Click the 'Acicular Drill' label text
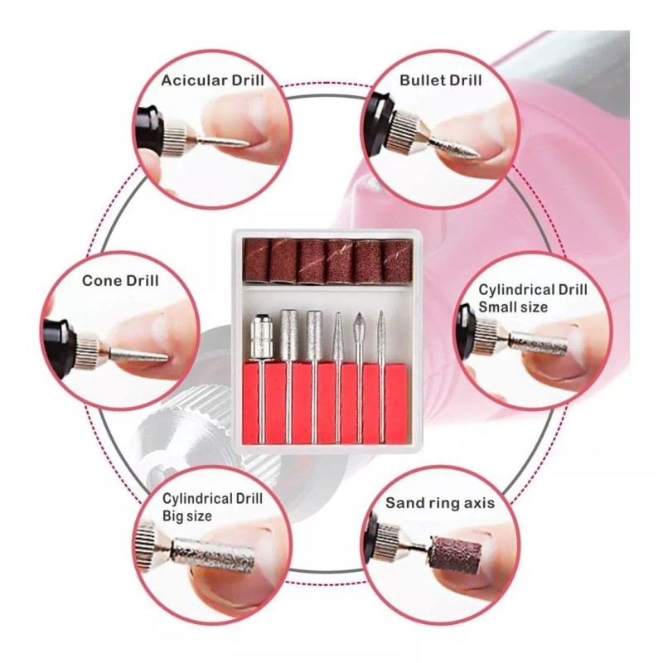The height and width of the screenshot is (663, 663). click(x=213, y=80)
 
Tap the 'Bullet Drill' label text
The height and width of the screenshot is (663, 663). click(x=440, y=80)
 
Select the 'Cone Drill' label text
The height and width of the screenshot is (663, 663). click(x=120, y=280)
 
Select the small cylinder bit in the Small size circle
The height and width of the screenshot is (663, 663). click(x=539, y=341)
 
